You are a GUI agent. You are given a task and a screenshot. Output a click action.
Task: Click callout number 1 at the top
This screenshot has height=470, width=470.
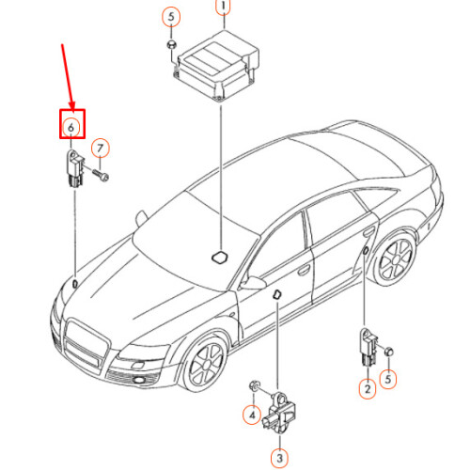pyautogui.click(x=223, y=8)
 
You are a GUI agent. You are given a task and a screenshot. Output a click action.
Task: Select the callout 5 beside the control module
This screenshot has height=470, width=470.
pyautogui.click(x=170, y=17)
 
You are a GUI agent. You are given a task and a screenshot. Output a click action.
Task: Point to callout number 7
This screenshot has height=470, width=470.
pyautogui.click(x=101, y=148)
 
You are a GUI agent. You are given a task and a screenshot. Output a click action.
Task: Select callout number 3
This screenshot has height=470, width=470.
pyautogui.click(x=278, y=458)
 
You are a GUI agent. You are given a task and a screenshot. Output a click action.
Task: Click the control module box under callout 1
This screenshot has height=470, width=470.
pyautogui.click(x=217, y=66)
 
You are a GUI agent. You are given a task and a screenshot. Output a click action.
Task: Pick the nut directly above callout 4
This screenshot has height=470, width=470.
pyautogui.click(x=254, y=388)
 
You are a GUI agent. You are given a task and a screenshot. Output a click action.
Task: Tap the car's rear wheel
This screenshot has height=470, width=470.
pyautogui.click(x=396, y=260)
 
